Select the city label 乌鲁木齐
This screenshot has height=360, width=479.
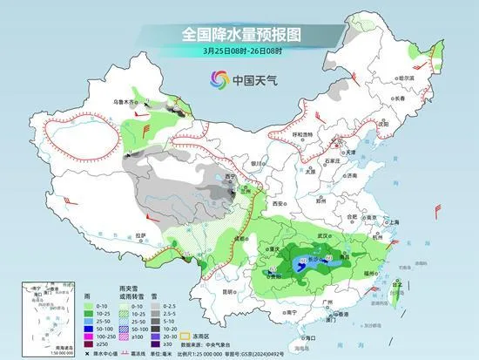124,102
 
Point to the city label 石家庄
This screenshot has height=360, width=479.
329,160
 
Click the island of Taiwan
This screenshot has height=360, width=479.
408,295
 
